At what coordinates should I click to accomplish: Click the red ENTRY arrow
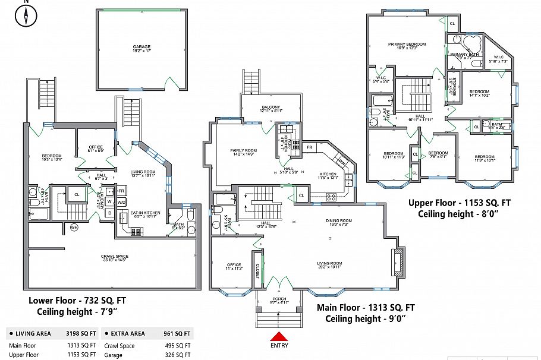click(x=279, y=337)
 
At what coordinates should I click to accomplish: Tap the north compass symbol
click(x=26, y=16)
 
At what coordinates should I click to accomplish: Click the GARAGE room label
click(x=141, y=47)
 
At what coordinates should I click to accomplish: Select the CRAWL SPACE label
click(x=112, y=257)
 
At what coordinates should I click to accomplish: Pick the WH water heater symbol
click(x=74, y=227)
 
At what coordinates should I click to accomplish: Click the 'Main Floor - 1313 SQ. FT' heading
click(x=366, y=308)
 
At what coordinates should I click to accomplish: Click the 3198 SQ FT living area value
click(x=80, y=333)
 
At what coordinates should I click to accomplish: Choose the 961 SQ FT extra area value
click(x=177, y=333)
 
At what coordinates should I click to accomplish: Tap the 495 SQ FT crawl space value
click(x=177, y=346)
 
